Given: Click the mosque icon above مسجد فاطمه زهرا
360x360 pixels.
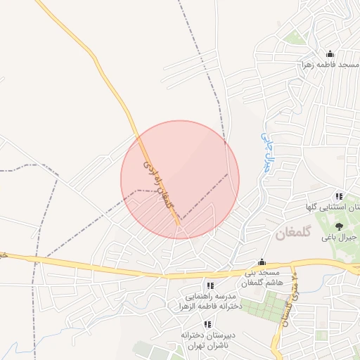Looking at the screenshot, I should tap(330, 54).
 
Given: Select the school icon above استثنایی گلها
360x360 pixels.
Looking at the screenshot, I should tap(339, 197).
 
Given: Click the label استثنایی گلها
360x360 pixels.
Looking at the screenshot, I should tap(330, 207).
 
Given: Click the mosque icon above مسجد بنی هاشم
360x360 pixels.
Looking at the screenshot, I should tap(262, 262).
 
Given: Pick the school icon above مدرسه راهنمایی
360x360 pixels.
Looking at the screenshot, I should tap(210, 285).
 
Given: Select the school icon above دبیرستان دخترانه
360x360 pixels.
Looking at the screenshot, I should tap(207, 324).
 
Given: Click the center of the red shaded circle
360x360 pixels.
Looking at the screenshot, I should tap(180, 180).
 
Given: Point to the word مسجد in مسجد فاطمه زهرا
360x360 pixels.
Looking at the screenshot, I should tap(347, 65).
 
